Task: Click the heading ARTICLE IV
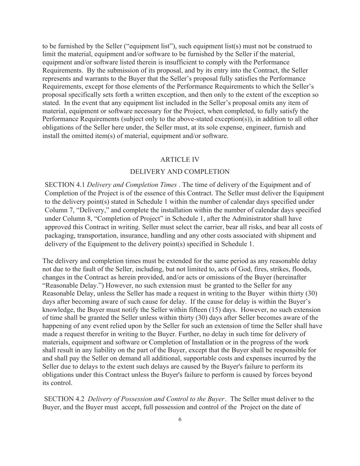180,160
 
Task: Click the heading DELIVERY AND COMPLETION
180,172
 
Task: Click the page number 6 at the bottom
180,419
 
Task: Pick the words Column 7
58,210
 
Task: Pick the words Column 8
58,218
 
